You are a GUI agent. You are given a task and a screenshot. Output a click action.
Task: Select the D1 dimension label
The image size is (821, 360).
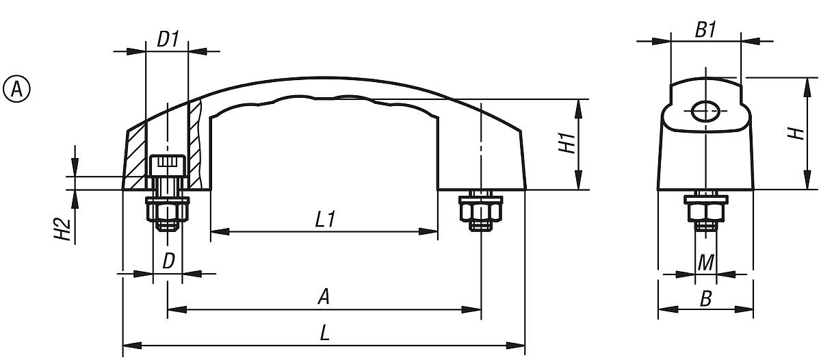point(168,39)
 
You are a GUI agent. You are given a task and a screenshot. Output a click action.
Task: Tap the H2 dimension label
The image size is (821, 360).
point(62,230)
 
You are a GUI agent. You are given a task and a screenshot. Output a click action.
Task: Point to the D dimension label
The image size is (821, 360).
point(168,261)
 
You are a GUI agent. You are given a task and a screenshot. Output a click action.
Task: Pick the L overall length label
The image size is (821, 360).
point(325,333)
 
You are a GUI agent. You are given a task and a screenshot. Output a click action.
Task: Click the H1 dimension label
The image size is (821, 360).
point(565,144)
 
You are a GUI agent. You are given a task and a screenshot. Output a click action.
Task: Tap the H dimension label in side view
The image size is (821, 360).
point(796,133)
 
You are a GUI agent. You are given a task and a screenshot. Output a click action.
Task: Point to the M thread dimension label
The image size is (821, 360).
point(706,261)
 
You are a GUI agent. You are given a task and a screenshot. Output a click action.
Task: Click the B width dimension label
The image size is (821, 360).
point(706,298)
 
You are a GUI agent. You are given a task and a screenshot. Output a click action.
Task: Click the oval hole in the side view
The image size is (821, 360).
point(705,110)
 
